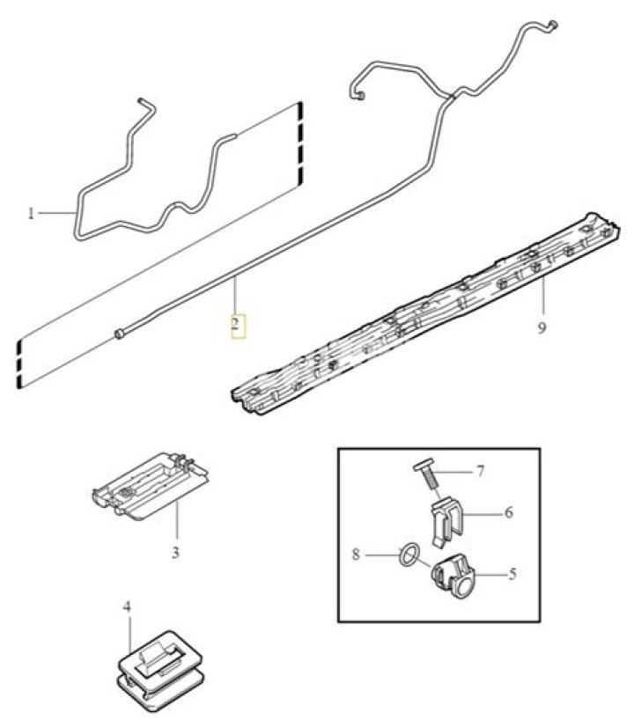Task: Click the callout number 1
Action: (x=31, y=214)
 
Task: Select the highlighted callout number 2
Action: (x=236, y=323)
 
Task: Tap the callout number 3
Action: (x=175, y=553)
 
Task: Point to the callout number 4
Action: (x=127, y=606)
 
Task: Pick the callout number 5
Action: (x=512, y=575)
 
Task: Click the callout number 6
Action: (x=509, y=513)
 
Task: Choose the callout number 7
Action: (x=481, y=472)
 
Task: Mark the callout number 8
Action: (x=356, y=554)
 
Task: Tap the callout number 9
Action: (x=542, y=328)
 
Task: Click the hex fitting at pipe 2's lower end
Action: (x=120, y=334)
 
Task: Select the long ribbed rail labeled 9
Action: (x=424, y=314)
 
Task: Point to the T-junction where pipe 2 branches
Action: (x=451, y=97)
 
